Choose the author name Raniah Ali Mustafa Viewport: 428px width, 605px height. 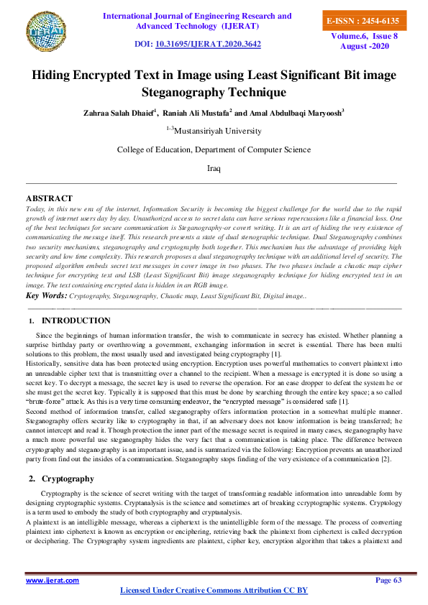click(x=197, y=113)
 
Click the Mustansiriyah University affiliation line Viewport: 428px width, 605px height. click(x=214, y=131)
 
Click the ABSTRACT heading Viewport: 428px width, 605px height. click(x=49, y=198)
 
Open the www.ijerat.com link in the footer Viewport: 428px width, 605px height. click(x=53, y=580)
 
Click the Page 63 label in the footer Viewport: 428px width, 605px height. click(x=388, y=580)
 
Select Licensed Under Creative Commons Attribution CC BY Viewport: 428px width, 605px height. click(x=213, y=590)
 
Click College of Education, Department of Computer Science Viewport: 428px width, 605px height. click(x=214, y=149)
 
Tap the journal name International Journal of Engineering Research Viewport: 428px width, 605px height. click(x=197, y=16)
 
